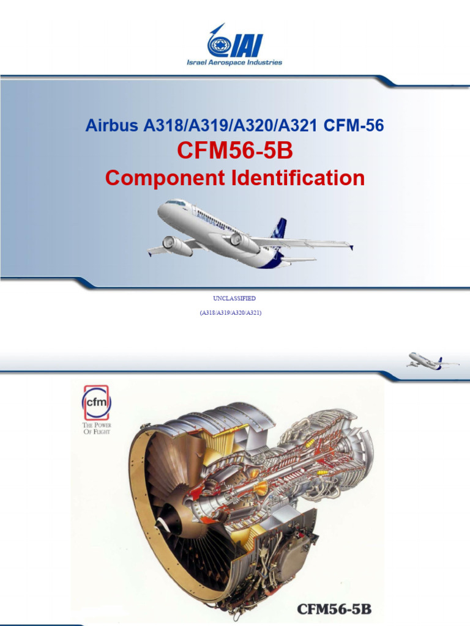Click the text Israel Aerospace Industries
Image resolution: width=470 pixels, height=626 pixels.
[235, 62]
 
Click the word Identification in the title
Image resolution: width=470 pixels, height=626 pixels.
[296, 178]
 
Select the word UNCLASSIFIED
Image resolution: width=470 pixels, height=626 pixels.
[234, 298]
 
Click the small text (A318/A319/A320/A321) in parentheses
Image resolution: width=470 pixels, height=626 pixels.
[234, 312]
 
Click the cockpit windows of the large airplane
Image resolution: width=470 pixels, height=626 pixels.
[176, 202]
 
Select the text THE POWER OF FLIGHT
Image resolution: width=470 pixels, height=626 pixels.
[96, 428]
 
